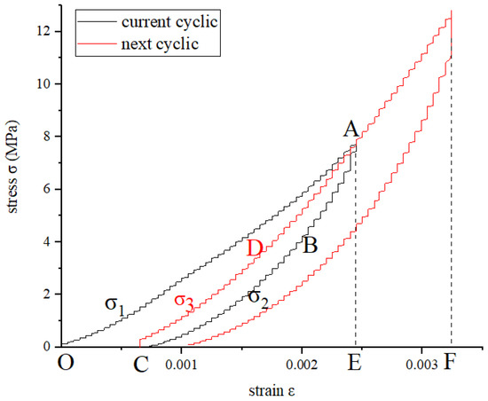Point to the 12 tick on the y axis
[45, 32]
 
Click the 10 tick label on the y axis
[45, 84]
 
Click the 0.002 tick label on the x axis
[302, 363]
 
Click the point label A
[352, 130]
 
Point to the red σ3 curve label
[185, 302]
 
